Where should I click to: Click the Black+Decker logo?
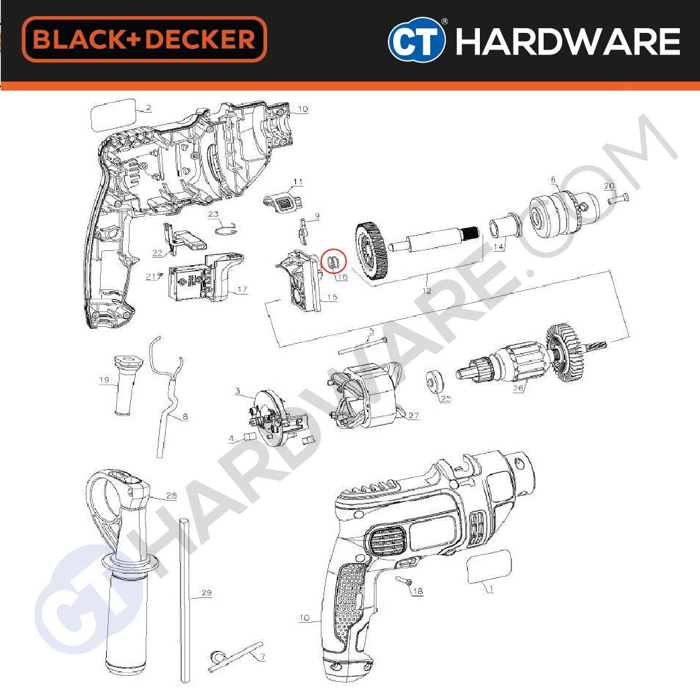[144, 39]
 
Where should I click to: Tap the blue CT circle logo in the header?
[417, 40]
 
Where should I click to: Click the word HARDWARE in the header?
[567, 41]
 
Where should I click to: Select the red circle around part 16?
[334, 261]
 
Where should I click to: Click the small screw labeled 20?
[618, 198]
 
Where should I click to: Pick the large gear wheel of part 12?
[372, 249]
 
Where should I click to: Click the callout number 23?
[213, 214]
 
